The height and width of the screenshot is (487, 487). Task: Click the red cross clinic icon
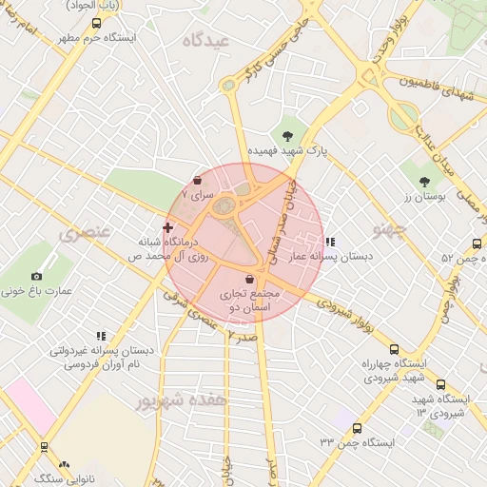tap(167, 227)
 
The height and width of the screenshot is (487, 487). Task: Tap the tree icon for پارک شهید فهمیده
tap(288, 134)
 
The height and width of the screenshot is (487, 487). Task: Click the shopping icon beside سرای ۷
tap(197, 179)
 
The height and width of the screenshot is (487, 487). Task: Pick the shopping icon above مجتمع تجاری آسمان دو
tap(249, 280)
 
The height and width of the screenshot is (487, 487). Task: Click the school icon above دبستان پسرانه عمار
tap(329, 242)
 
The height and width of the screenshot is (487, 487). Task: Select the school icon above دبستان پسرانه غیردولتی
tap(100, 335)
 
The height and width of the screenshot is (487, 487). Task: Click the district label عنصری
tap(86, 231)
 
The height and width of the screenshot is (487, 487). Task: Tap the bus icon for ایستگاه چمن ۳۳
tap(357, 428)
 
